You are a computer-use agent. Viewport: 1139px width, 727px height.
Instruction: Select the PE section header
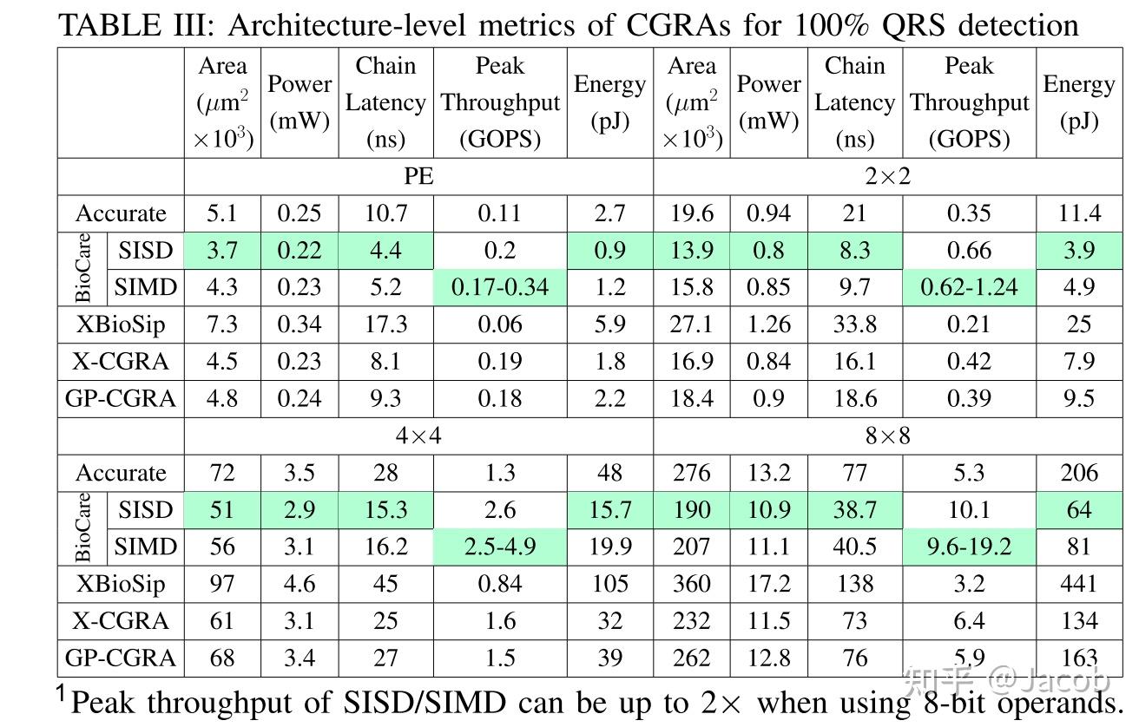point(418,176)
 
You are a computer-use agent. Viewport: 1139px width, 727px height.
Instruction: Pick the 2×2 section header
point(887,176)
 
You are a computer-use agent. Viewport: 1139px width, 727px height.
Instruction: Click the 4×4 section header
point(418,435)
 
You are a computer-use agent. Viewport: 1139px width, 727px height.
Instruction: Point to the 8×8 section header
point(887,435)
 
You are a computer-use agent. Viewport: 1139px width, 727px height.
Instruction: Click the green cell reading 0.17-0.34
point(500,287)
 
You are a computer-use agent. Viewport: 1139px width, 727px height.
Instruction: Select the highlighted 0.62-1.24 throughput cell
point(969,287)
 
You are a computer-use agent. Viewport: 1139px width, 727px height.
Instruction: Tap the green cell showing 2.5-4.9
point(500,547)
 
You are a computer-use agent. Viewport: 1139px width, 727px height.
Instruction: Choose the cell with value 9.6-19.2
point(969,547)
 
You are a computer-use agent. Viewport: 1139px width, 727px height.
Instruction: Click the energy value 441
point(1078,584)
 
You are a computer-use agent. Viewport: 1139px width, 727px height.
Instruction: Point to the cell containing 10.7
point(385,213)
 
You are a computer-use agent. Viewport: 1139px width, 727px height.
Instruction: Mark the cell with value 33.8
point(854,324)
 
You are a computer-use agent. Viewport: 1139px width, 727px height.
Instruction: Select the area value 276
point(691,473)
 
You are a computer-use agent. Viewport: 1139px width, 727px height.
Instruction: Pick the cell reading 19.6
point(691,213)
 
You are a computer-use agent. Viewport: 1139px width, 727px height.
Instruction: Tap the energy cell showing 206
point(1078,473)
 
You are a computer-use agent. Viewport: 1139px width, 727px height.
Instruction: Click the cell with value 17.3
point(385,324)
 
